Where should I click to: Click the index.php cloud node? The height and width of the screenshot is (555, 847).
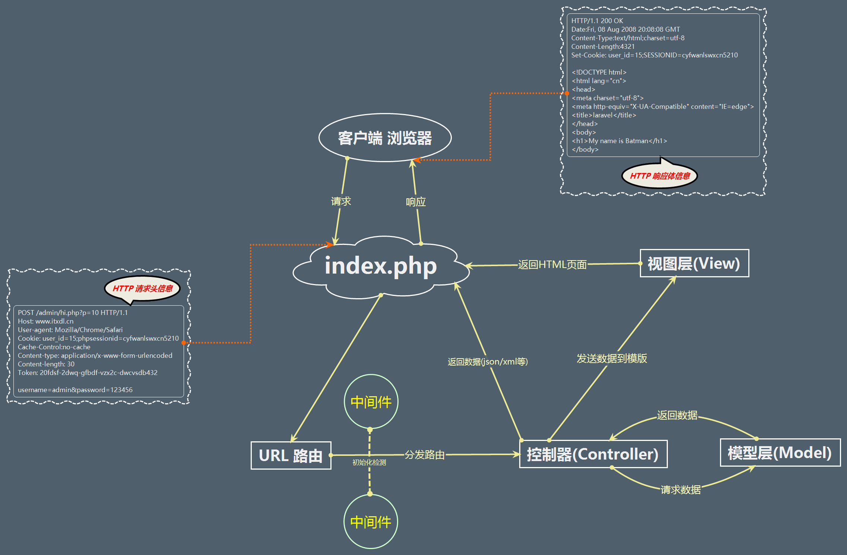pyautogui.click(x=381, y=266)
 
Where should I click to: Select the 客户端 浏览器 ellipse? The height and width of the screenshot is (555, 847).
pyautogui.click(x=385, y=138)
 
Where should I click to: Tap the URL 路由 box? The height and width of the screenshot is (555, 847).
pyautogui.click(x=291, y=455)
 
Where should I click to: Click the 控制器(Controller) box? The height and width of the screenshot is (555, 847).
pyautogui.click(x=593, y=454)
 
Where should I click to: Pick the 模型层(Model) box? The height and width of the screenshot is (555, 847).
pyautogui.click(x=780, y=452)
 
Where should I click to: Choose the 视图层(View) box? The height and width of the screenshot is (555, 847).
pyautogui.click(x=694, y=264)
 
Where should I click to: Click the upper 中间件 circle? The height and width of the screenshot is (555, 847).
pyautogui.click(x=371, y=402)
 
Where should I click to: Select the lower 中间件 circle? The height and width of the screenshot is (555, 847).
pyautogui.click(x=371, y=522)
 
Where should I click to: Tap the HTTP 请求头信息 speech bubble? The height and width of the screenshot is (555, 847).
pyautogui.click(x=143, y=288)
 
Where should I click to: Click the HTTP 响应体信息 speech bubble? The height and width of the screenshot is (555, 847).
pyautogui.click(x=660, y=176)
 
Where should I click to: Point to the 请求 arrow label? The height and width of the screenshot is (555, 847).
pyautogui.click(x=341, y=201)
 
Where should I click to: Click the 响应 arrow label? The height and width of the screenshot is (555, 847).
pyautogui.click(x=416, y=202)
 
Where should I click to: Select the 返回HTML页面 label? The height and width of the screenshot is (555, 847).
pyautogui.click(x=552, y=265)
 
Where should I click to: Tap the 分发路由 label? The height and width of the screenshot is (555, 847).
pyautogui.click(x=425, y=455)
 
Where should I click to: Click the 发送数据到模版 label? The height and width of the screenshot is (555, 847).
pyautogui.click(x=612, y=358)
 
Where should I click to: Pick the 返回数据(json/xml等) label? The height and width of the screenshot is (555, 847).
pyautogui.click(x=488, y=362)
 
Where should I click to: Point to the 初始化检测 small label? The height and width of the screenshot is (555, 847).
pyautogui.click(x=369, y=463)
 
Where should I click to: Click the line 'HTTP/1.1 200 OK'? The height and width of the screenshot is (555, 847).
pyautogui.click(x=597, y=21)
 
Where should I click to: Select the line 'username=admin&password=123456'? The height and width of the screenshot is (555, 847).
pyautogui.click(x=75, y=390)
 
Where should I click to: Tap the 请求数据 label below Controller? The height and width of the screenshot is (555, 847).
pyautogui.click(x=681, y=490)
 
